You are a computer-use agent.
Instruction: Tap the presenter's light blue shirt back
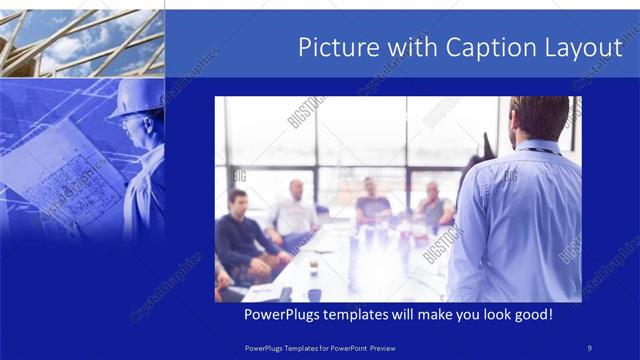coord(520,220)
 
